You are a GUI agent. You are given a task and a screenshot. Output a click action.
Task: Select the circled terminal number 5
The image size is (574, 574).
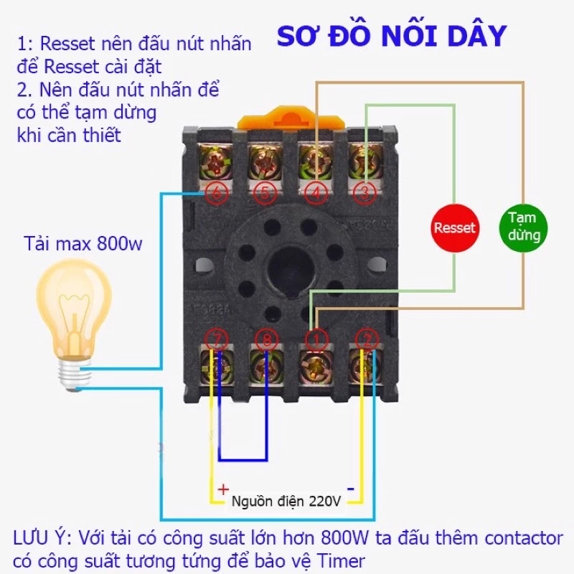pos(265,192)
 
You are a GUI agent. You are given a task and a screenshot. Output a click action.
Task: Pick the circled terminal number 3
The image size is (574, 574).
pos(364,192)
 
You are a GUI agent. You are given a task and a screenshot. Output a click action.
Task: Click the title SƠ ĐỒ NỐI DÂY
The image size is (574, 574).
pos(392,35)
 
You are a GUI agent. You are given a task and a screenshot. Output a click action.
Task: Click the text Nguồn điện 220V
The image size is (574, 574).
pos(286,502)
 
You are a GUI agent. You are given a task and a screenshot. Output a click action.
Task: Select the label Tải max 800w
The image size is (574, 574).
pos(83,244)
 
